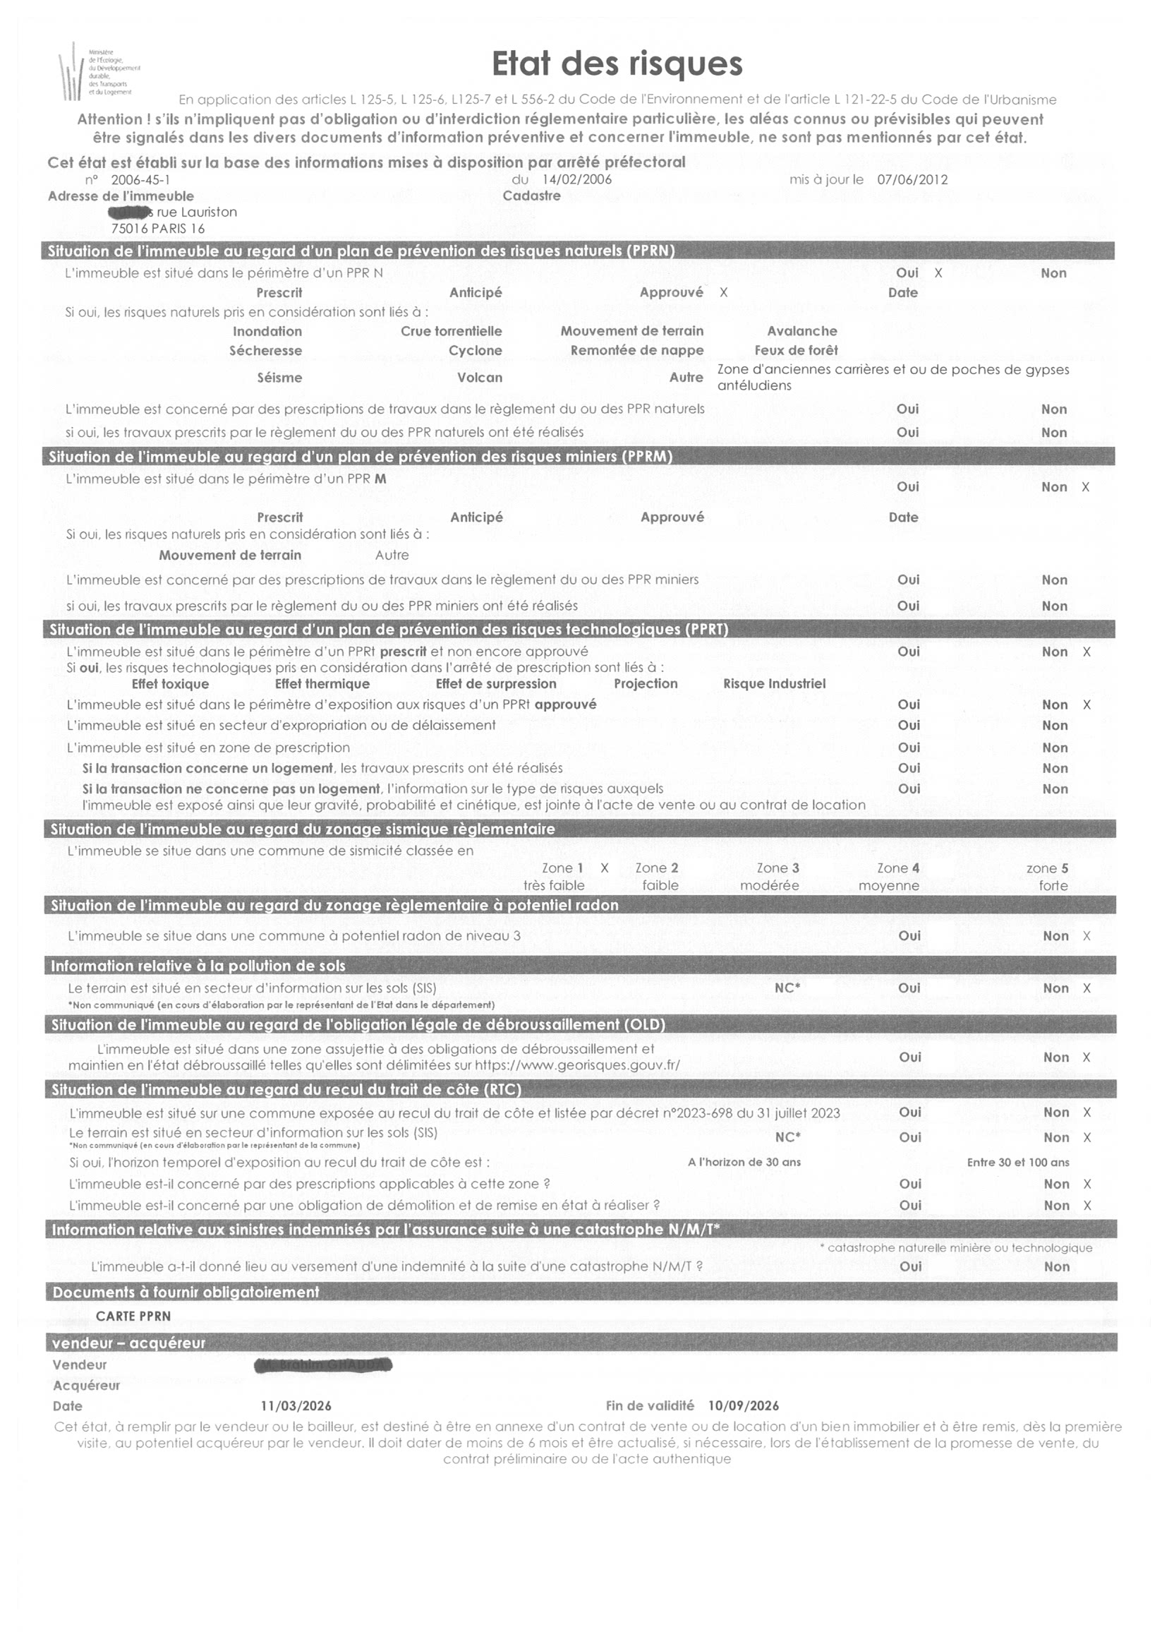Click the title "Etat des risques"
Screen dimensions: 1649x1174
[617, 64]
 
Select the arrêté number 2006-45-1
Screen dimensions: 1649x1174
[140, 180]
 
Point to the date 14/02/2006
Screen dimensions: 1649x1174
[576, 179]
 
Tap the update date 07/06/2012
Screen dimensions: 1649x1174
[912, 179]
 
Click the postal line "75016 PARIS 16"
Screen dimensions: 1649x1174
[157, 229]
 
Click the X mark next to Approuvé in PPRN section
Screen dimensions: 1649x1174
[724, 293]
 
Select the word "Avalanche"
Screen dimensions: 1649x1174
[801, 331]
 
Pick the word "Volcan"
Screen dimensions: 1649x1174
[479, 378]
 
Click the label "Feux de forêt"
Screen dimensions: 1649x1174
[796, 351]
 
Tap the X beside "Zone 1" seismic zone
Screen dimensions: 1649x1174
[605, 868]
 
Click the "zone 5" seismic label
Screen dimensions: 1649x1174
[1047, 868]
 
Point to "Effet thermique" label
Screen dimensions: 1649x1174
[322, 684]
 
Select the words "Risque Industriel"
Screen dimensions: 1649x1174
[774, 684]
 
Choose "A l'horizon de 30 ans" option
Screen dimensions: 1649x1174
[744, 1162]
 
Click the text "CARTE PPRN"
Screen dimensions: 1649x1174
[133, 1317]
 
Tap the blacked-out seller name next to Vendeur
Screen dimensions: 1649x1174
[323, 1365]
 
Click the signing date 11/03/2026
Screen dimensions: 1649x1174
[296, 1406]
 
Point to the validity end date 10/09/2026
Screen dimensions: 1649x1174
[743, 1406]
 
